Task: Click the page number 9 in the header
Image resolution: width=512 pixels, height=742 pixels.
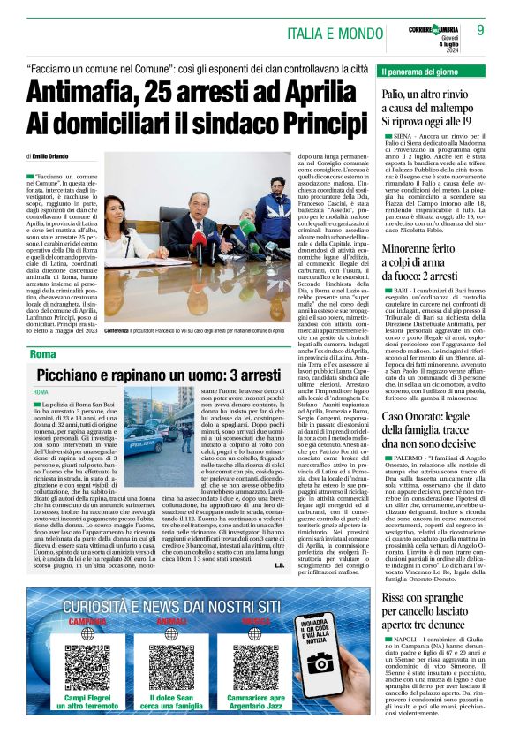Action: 480,30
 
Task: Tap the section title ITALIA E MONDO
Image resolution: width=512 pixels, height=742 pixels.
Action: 336,33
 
